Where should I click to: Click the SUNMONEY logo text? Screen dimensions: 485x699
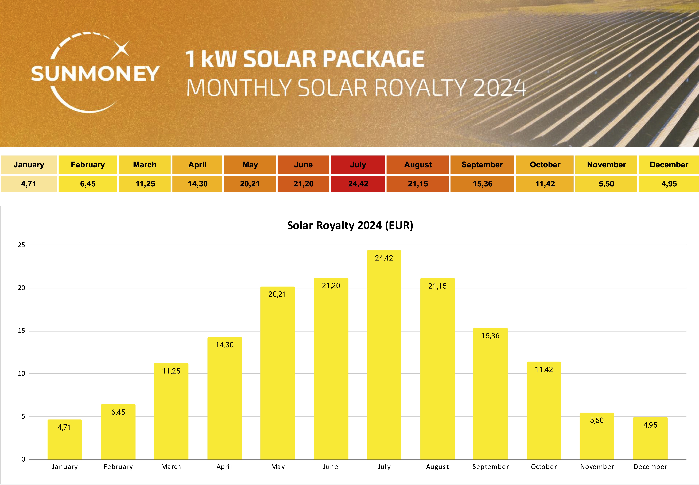tap(95, 74)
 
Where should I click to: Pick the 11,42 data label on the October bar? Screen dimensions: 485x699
tap(544, 370)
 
